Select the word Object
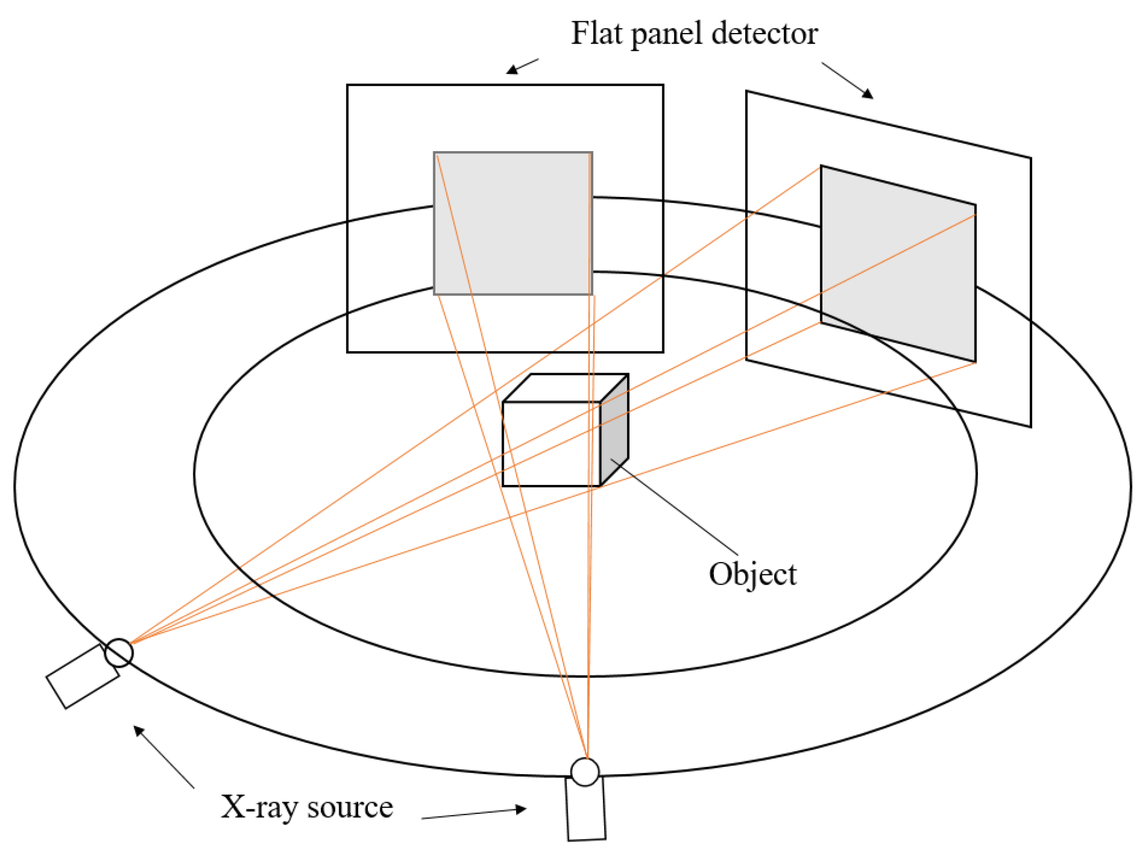coord(752,575)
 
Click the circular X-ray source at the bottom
coord(585,772)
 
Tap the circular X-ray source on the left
coord(119,653)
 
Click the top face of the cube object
coord(565,388)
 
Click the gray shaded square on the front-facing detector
coord(513,223)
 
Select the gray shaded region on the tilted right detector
coord(898,263)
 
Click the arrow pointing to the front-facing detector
coord(521,67)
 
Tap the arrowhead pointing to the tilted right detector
coord(867,93)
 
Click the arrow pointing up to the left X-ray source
coord(162,755)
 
